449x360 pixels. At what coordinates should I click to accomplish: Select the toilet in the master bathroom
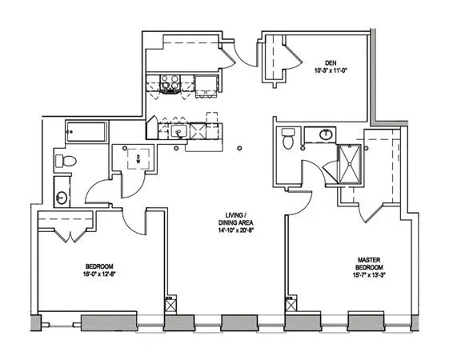[x=289, y=140]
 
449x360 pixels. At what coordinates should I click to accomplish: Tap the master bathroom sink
[x=326, y=134]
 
